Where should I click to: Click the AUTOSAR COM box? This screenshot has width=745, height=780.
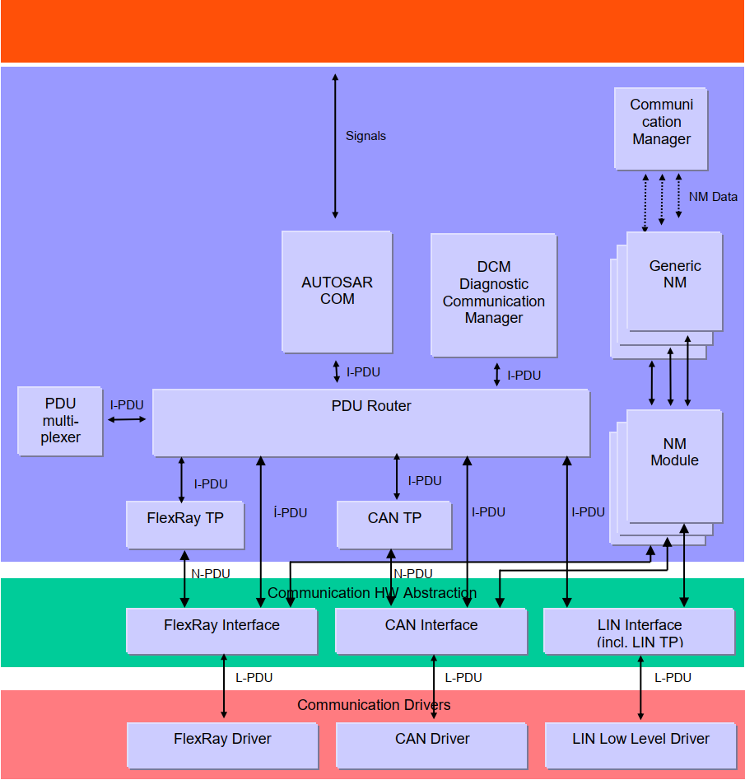(337, 291)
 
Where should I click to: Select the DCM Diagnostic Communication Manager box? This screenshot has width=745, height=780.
(493, 294)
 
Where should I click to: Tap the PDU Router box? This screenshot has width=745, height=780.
(370, 423)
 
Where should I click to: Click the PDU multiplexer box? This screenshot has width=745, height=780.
(60, 421)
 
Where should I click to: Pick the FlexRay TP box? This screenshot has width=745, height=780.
(184, 524)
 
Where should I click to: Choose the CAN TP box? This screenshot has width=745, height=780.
(394, 524)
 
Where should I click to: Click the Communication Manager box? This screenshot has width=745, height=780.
(661, 128)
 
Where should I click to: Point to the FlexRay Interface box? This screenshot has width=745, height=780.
(221, 631)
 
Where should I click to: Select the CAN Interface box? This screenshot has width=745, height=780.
(431, 631)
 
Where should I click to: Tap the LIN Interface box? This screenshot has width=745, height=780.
(639, 631)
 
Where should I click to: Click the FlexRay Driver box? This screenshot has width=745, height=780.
(222, 745)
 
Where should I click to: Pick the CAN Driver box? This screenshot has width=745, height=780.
(432, 745)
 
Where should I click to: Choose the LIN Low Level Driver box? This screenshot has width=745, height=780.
(640, 745)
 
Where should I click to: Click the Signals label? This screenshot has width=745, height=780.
(366, 136)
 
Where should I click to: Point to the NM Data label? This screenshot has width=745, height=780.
(713, 197)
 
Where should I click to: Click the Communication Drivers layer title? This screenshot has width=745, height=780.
(374, 705)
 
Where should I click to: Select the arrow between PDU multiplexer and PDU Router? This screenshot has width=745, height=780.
(127, 420)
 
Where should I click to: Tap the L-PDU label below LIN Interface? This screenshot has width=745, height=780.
(673, 678)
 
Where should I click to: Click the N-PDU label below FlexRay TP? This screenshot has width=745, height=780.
(211, 574)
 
